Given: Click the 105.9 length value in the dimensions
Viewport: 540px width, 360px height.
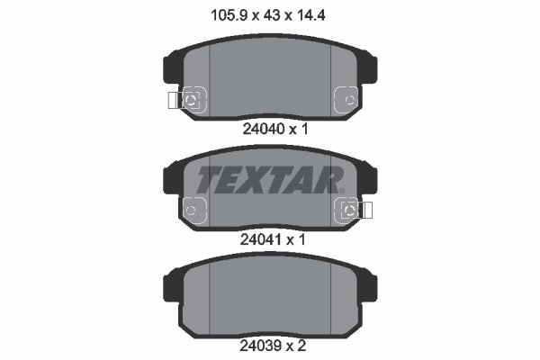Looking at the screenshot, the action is (x=229, y=15).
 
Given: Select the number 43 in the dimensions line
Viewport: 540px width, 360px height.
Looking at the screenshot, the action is (x=272, y=15).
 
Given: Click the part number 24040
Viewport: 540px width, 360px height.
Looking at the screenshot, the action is (x=264, y=130).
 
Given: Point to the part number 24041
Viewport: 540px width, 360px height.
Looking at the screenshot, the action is (x=261, y=239).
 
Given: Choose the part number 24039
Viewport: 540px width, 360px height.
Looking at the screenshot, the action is (x=261, y=346).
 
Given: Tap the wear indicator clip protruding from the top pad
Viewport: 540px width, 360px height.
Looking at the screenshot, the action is (x=175, y=101).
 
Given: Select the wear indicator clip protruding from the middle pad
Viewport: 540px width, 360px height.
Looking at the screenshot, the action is (x=365, y=210).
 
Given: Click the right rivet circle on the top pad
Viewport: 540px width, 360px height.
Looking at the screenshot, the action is (x=350, y=100).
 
